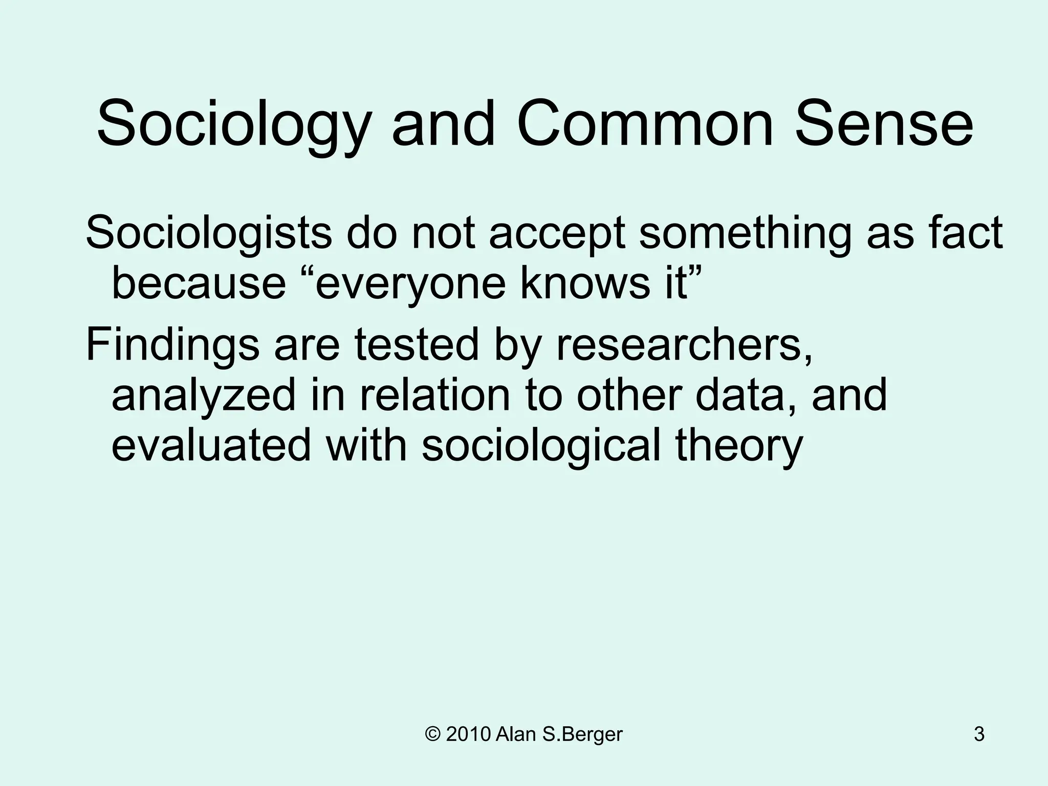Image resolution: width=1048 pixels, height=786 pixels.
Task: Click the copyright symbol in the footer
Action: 432,734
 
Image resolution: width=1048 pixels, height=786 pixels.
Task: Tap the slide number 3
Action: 979,734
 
